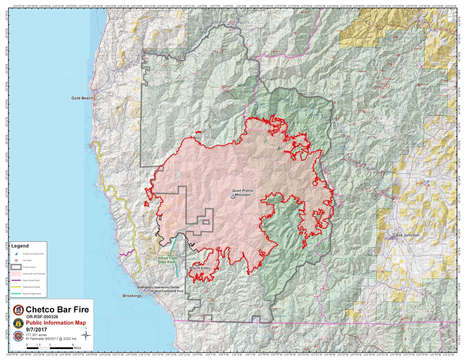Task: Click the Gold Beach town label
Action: point(82,98)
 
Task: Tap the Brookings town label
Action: point(132,296)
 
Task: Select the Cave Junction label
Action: point(406,235)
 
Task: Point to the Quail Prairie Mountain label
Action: point(242,193)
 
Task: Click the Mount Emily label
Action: point(200,268)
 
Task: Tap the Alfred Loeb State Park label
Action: point(167,260)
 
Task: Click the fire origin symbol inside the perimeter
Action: point(277,164)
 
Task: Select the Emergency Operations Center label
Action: point(159,287)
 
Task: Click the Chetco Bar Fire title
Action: point(57,309)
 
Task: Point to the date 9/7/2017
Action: point(36,329)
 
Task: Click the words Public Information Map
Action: point(56,323)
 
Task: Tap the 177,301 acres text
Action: point(36,335)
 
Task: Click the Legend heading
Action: point(20,246)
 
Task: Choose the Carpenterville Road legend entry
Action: point(31,287)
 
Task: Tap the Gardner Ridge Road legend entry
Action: point(31,294)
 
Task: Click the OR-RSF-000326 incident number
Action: point(42,317)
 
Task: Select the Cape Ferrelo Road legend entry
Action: point(31,281)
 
